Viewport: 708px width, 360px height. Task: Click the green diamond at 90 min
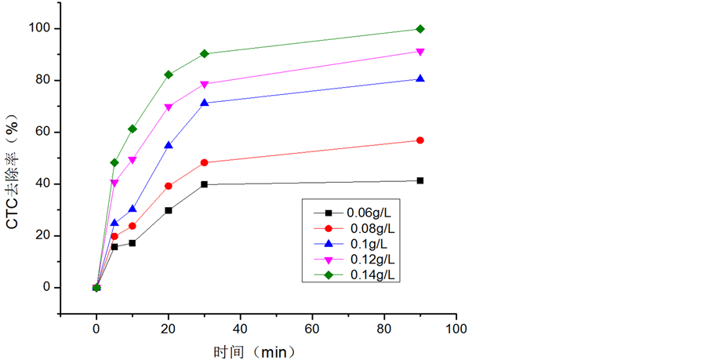click(x=420, y=29)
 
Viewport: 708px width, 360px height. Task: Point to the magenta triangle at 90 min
click(x=420, y=52)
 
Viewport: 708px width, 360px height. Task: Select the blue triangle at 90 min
click(x=420, y=78)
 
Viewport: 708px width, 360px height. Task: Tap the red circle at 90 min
click(x=420, y=140)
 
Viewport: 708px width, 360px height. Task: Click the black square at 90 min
click(x=420, y=180)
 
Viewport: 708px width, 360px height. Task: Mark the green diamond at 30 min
click(x=205, y=53)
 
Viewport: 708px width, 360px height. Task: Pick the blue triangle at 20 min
click(x=169, y=145)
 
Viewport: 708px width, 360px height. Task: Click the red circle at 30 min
click(x=205, y=162)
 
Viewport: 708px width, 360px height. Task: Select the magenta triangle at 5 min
click(x=114, y=183)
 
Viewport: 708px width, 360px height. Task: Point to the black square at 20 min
click(x=169, y=210)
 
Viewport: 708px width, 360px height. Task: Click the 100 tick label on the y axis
click(x=40, y=29)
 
